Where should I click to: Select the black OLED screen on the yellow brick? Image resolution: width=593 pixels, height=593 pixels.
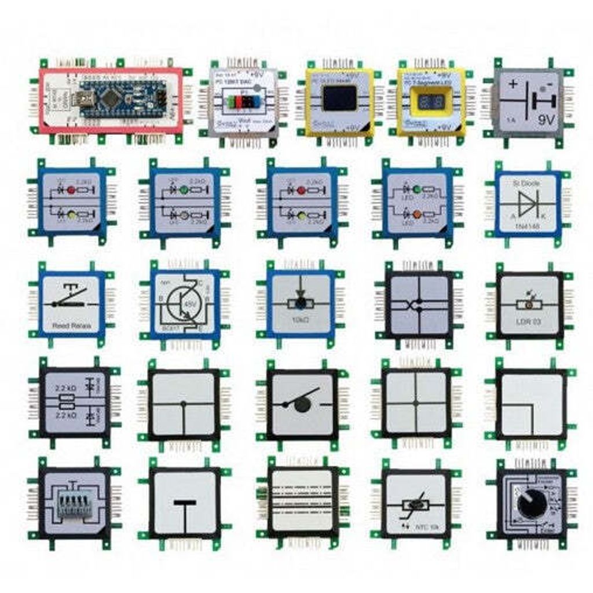(339, 98)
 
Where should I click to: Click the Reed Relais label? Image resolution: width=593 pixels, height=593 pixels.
(72, 325)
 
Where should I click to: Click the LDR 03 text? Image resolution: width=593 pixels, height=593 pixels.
(529, 321)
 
